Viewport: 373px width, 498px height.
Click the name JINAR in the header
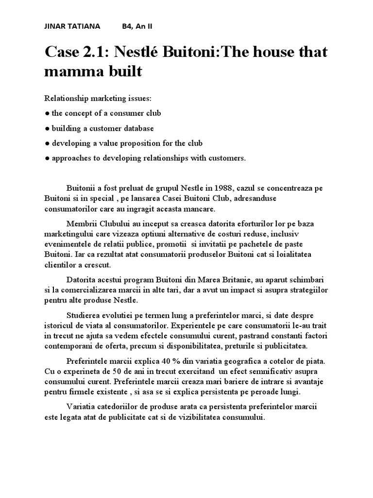(55, 26)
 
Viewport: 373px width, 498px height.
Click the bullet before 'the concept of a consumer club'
(47, 113)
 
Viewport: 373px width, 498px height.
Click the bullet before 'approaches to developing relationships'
(47, 159)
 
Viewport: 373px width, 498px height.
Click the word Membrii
(81, 223)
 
